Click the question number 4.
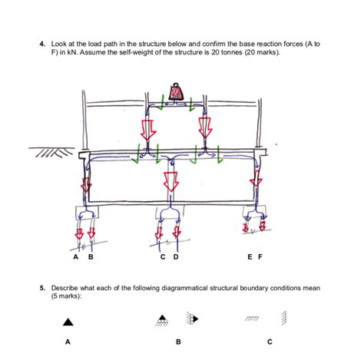click(x=42, y=45)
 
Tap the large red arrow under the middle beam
click(x=170, y=182)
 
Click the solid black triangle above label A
click(x=68, y=322)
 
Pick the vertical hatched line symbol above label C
click(x=285, y=317)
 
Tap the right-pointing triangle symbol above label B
click(x=194, y=317)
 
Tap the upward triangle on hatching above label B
click(x=162, y=319)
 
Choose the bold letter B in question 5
click(x=177, y=342)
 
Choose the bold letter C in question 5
click(x=269, y=342)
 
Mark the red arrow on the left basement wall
click(x=85, y=187)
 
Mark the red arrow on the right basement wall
click(x=254, y=187)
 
